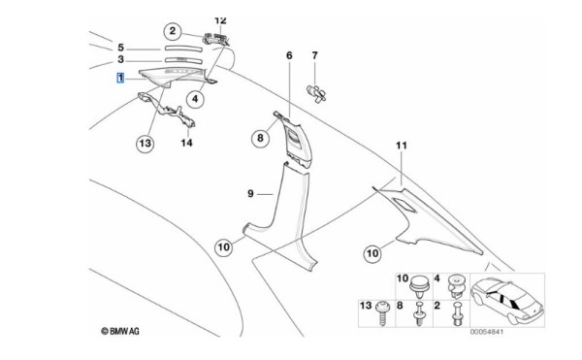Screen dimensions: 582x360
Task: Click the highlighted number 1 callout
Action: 120,78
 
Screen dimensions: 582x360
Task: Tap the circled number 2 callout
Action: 173,31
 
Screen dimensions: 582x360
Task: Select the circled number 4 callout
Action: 195,99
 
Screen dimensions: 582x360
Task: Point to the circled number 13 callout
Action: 145,144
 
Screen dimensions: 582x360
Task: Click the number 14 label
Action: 186,143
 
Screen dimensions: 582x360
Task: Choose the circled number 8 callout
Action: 260,138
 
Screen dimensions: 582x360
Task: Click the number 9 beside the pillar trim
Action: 250,194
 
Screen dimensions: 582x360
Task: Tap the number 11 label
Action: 402,146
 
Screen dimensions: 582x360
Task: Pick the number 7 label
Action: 314,55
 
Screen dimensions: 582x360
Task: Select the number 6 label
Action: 289,55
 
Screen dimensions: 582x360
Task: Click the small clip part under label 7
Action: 316,93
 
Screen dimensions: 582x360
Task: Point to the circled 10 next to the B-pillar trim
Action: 223,247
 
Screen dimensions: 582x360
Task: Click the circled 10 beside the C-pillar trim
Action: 372,253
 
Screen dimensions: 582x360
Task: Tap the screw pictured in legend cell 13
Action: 382,313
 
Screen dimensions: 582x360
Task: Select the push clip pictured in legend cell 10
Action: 419,286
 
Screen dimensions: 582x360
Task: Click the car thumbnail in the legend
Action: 507,302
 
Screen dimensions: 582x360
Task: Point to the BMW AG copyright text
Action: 120,331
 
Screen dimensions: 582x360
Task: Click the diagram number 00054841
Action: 487,332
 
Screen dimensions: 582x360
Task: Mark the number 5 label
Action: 120,48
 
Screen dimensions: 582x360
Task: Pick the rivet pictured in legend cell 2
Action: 457,313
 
